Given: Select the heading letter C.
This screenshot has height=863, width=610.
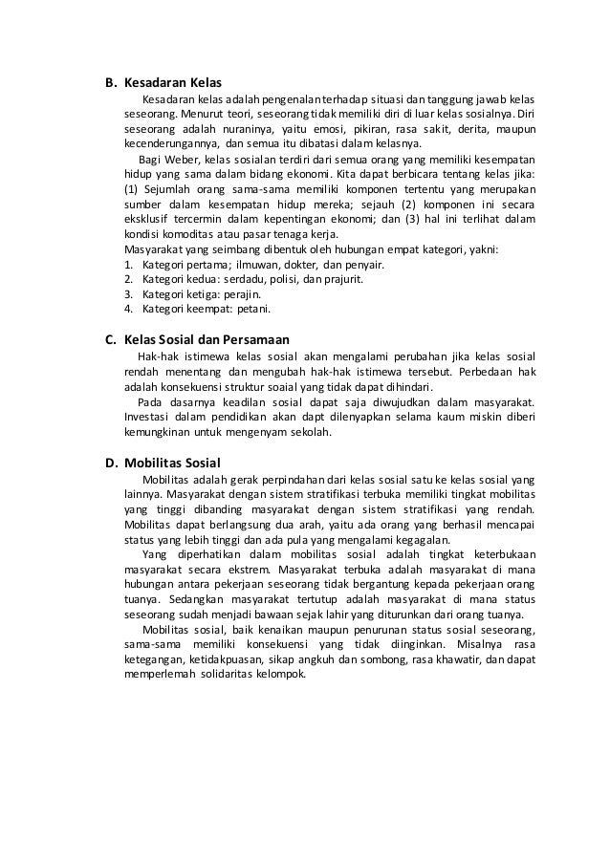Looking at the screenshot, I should tap(109, 339).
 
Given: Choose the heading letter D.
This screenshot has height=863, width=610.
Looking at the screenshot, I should tap(110, 463).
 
